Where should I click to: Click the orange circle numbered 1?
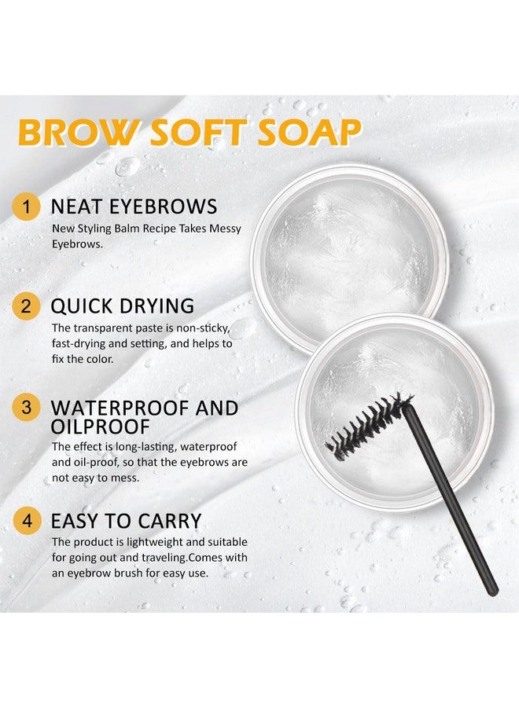(28, 207)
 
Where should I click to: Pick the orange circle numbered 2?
(28, 306)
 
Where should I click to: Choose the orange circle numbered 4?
(28, 521)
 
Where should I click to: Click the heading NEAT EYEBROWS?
(134, 207)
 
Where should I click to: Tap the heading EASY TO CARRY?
(127, 521)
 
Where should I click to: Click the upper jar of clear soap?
(341, 244)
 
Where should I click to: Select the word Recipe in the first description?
(167, 229)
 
